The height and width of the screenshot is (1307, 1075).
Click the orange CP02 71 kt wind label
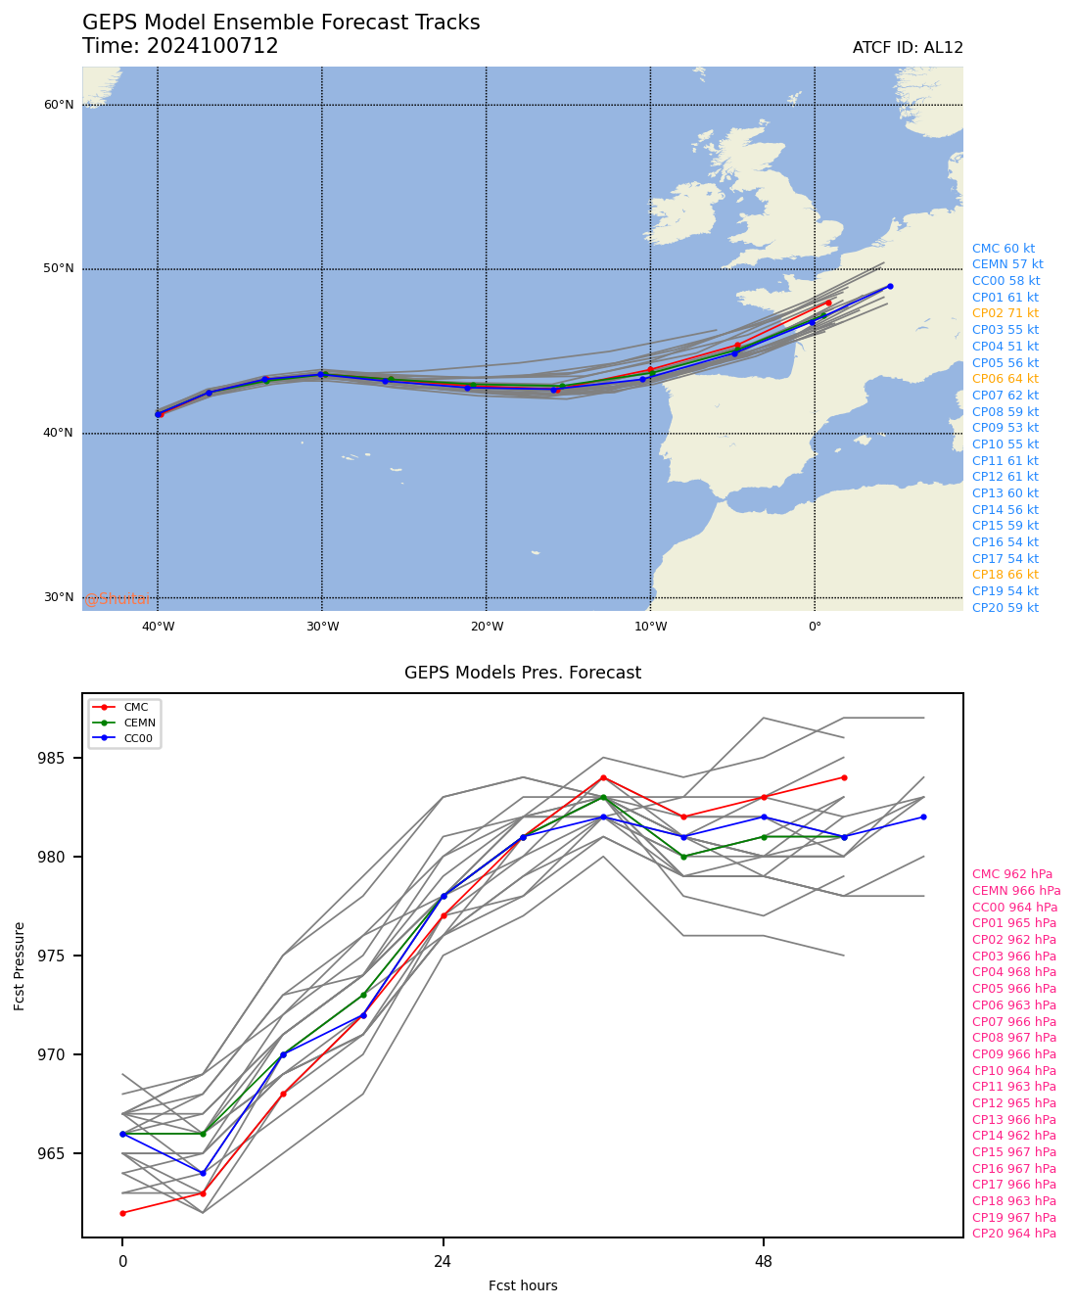click(x=1005, y=313)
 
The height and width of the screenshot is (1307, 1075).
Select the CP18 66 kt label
click(x=1005, y=575)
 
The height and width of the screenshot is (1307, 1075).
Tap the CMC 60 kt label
click(x=1003, y=249)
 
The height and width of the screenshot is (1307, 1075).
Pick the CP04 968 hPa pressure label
click(x=1013, y=972)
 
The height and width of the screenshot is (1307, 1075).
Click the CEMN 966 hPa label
click(x=1015, y=891)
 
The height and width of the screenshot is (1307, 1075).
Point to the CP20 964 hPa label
click(x=1013, y=1234)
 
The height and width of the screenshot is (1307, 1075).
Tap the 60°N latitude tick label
click(x=59, y=105)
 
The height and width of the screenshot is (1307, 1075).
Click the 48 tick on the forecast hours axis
click(x=764, y=1261)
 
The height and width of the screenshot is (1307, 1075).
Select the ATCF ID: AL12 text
click(x=908, y=48)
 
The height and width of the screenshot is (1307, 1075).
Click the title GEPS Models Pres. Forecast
click(x=523, y=673)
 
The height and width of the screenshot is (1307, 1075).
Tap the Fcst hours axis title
click(x=523, y=1285)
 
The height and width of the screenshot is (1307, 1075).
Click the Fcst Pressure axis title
click(x=20, y=965)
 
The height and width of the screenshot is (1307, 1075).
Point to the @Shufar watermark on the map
click(x=117, y=599)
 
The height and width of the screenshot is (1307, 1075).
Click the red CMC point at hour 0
click(x=122, y=1213)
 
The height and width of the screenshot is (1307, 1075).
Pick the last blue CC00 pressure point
click(x=923, y=817)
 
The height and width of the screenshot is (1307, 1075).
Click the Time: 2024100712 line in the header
click(x=180, y=46)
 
